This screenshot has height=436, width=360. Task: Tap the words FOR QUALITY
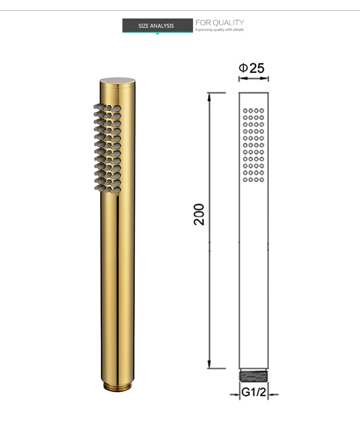[x=220, y=23]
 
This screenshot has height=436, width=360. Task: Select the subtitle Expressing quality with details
[x=220, y=30]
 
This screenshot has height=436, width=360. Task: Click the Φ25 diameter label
[x=252, y=68]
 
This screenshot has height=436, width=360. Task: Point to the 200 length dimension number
[x=199, y=214]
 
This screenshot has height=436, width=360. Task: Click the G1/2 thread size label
[x=253, y=392]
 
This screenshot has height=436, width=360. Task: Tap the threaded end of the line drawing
[x=254, y=377]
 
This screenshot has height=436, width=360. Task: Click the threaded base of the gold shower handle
[x=117, y=386]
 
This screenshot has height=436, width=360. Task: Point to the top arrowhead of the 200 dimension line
[x=210, y=95]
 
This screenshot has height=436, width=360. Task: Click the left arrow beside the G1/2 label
[x=235, y=395]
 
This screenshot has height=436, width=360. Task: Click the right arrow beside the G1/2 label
[x=272, y=395]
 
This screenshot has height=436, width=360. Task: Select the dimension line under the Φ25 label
[x=253, y=78]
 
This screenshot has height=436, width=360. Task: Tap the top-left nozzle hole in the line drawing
[x=245, y=110]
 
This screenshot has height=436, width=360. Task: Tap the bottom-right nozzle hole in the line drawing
[x=261, y=180]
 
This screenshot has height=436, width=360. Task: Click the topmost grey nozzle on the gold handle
[x=96, y=105]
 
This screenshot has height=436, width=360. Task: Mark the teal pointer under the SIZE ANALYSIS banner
[x=157, y=33]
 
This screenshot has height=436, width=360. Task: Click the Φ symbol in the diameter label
[x=243, y=68]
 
